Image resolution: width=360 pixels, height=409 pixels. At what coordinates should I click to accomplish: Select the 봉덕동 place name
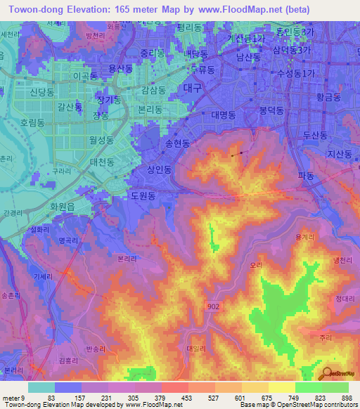271,110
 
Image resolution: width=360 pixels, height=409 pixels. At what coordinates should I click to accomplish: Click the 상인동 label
158,169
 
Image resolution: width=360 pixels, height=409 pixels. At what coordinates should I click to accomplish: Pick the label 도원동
143,196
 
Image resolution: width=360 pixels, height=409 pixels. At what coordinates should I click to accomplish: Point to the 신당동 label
41,93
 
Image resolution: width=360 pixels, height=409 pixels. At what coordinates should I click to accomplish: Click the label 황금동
328,97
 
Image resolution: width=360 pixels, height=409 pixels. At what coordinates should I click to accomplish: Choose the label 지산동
339,153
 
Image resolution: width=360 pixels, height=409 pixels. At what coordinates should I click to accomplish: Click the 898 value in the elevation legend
346,397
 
